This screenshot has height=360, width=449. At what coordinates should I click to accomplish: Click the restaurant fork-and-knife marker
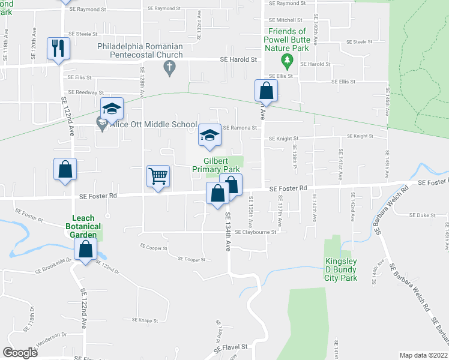coord(58,48)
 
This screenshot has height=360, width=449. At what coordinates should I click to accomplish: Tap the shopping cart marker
coord(158,176)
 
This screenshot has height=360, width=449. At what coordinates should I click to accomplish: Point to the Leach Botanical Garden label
coord(84,227)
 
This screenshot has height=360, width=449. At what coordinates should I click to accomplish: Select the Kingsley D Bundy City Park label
coord(341,269)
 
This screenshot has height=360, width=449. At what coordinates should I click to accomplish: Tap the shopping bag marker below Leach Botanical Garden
coord(86,250)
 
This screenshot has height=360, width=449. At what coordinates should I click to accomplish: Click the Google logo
coord(20,352)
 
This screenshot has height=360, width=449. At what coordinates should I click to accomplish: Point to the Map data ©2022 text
coord(424,355)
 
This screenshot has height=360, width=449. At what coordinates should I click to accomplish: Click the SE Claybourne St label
coord(255,232)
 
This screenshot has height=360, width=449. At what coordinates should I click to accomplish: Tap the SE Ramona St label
coord(240,128)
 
